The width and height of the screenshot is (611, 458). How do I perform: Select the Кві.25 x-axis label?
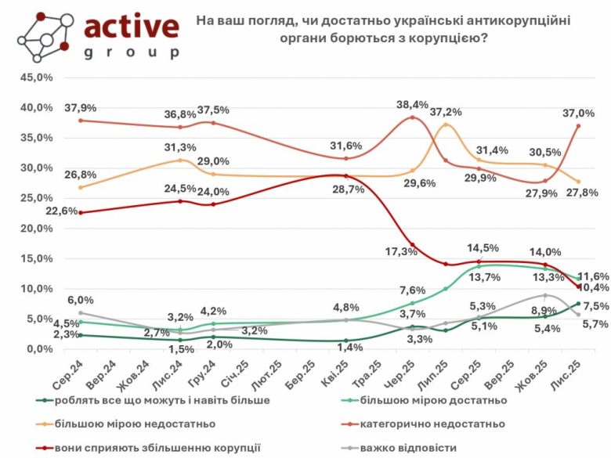339,370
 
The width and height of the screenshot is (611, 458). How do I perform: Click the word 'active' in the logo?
131,27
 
